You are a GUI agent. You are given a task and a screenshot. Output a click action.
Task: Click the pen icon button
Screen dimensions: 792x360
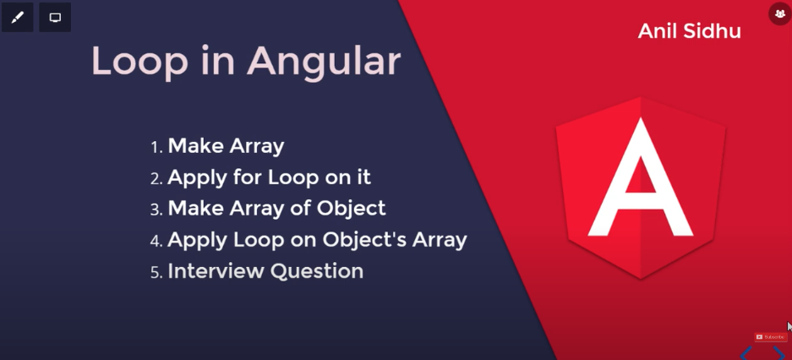point(17,18)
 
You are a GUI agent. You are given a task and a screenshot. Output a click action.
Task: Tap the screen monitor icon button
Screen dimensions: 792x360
point(55,18)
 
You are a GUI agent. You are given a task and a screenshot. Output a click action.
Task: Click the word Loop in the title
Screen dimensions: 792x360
point(139,62)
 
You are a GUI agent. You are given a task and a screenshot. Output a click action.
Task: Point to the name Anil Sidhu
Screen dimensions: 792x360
point(689,30)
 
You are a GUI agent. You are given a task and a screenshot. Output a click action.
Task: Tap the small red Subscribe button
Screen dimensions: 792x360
point(770,337)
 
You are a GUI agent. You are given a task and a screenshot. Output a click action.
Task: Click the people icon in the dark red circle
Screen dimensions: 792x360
point(779,14)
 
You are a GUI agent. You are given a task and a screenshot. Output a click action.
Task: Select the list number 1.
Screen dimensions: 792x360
point(156,147)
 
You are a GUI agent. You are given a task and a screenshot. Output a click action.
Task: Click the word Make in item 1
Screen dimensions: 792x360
point(196,146)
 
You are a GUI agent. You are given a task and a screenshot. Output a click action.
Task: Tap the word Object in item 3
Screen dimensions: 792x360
point(351,209)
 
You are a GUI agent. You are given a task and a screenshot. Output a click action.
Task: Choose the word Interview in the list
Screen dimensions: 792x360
point(216,271)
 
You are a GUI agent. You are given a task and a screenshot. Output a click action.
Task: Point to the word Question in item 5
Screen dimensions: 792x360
point(317,271)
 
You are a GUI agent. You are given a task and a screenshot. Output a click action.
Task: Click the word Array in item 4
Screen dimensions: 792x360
point(440,240)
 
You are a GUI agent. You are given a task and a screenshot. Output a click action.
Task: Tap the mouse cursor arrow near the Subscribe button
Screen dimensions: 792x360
point(789,326)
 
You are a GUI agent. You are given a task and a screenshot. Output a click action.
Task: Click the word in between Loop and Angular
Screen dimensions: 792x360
point(217,60)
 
